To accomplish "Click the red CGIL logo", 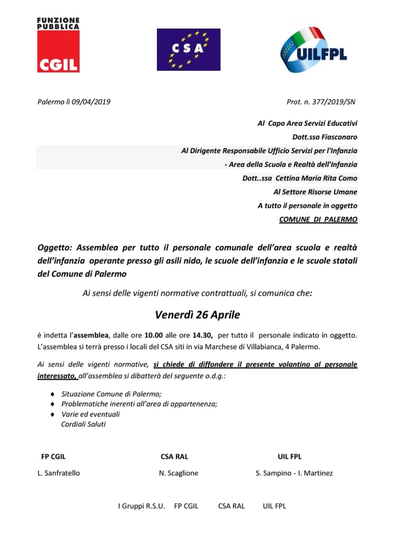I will [58, 52].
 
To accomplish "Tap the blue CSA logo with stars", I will [188, 49].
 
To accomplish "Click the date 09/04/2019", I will [92, 102].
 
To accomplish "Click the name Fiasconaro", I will [336, 137].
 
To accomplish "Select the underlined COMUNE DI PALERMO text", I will [318, 219].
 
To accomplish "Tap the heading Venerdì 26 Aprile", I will [197, 315].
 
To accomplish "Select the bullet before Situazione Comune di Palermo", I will [52, 394].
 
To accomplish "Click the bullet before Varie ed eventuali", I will [52, 414].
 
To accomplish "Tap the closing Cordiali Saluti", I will [83, 424].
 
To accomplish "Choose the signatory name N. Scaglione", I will [179, 473].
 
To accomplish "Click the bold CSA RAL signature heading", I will [174, 457].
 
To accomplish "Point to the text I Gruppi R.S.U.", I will [141, 506].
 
